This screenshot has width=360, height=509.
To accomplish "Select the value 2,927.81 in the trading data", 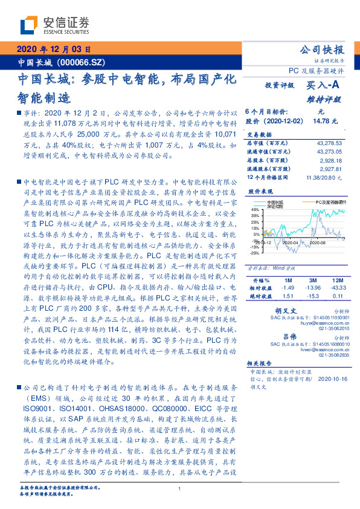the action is [332, 170].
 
